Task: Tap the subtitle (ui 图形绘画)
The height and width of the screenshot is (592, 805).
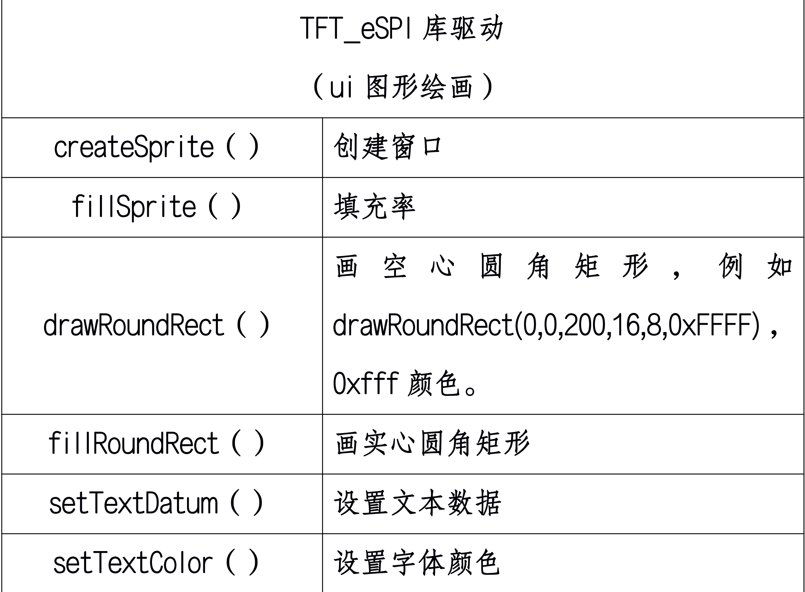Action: (403, 87)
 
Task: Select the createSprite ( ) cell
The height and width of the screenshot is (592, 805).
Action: (156, 147)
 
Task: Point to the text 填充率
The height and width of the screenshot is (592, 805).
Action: (374, 207)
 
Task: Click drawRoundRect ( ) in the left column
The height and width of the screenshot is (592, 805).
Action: (156, 325)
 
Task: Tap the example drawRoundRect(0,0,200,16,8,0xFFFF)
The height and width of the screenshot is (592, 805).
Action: (546, 325)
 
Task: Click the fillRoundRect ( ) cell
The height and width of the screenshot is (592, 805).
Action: (156, 443)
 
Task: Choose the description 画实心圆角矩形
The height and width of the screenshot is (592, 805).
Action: (432, 443)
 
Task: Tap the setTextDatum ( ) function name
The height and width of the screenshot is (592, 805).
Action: (156, 504)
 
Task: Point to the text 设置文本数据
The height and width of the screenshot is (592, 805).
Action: (417, 504)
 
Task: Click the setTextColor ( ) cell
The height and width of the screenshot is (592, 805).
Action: (156, 563)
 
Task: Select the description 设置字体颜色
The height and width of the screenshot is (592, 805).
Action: (417, 563)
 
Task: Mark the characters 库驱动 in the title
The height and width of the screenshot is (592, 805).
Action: (463, 29)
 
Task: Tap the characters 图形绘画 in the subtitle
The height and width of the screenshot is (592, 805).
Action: (419, 87)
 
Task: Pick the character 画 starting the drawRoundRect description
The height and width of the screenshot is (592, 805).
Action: (346, 266)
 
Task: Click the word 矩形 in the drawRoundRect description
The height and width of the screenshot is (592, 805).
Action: (611, 266)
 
